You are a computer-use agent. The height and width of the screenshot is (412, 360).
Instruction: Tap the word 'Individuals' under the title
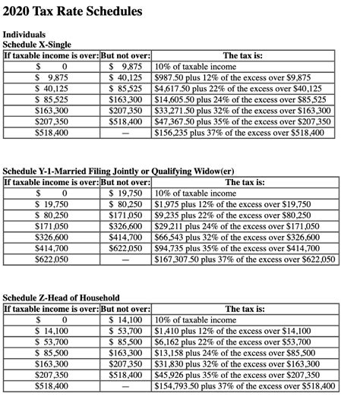24,35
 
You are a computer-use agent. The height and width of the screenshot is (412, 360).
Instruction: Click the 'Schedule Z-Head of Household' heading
61,297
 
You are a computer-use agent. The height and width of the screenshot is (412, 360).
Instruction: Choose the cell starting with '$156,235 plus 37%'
238,132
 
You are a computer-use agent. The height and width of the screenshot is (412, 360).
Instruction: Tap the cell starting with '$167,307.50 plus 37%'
243,259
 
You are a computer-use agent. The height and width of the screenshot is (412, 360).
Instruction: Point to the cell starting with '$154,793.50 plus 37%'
243,385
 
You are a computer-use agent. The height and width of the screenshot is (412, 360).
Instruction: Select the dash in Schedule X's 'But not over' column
125,133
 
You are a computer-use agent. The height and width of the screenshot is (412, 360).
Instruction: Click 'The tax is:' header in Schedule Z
245,309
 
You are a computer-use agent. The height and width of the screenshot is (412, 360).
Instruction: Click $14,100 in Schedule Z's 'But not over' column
125,320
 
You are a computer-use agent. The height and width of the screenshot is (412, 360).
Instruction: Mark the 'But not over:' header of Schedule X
125,55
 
